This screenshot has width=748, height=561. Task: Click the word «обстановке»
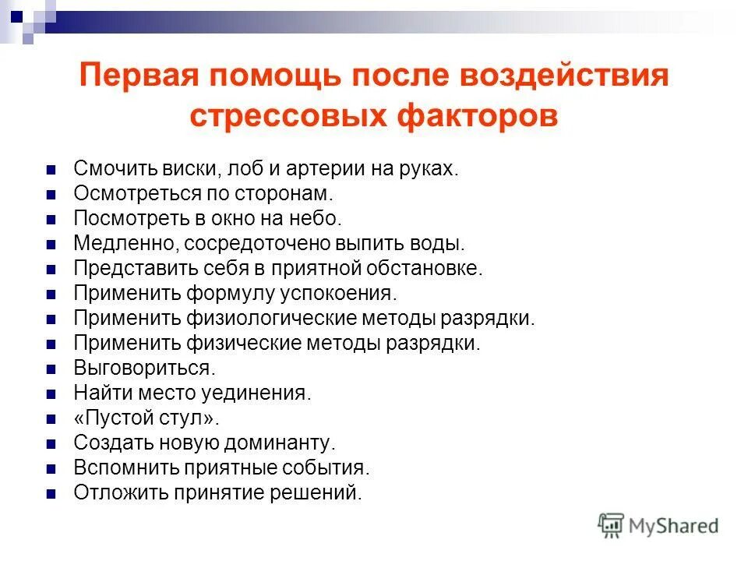[425, 269]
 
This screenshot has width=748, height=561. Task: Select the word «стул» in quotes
[188, 418]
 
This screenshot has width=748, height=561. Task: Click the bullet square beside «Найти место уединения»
[51, 393]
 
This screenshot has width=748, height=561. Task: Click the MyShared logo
[658, 526]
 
